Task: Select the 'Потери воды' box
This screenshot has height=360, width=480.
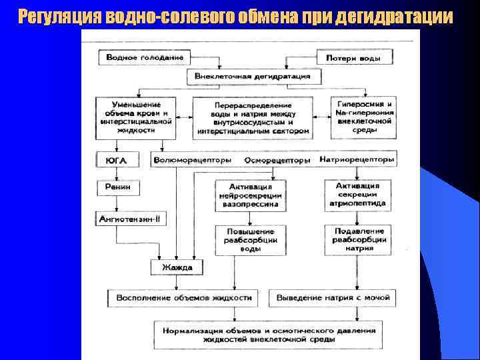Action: [x=353, y=57]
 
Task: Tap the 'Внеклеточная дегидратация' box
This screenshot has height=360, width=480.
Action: [x=253, y=76]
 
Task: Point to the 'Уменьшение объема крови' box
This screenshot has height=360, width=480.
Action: [x=137, y=117]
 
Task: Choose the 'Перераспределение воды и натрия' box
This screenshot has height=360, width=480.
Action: [x=253, y=118]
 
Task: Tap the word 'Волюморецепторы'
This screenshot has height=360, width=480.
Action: [x=192, y=160]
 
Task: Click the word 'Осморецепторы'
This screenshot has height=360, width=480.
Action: [x=277, y=160]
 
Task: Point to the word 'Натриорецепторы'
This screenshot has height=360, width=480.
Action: [x=357, y=160]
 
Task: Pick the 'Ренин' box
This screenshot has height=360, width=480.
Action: [x=118, y=187]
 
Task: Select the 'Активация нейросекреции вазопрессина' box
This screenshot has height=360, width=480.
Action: [x=250, y=196]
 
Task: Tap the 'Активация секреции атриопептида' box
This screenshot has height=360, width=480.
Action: [x=358, y=195]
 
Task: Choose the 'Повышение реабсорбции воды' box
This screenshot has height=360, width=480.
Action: [x=250, y=239]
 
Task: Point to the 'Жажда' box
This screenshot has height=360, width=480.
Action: [x=177, y=267]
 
